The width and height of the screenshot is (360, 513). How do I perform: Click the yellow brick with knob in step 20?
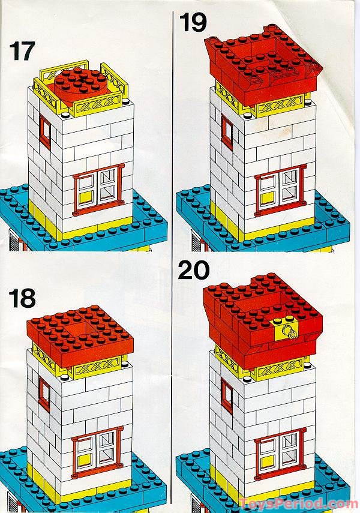click(287, 330)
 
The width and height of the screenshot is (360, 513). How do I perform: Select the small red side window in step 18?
click(44, 394)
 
